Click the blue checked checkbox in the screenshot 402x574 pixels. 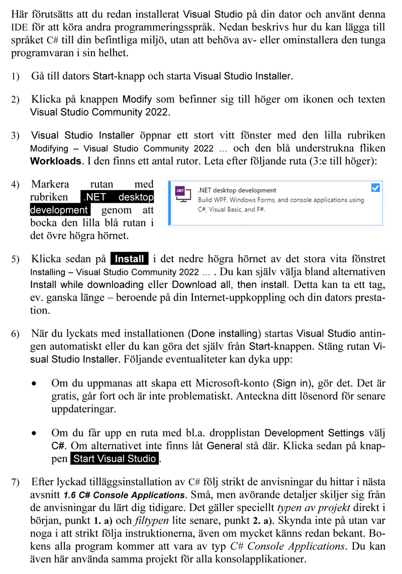point(375,188)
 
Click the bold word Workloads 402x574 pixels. point(56,162)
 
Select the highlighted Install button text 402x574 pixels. point(130,259)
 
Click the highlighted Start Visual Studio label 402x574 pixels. point(115,459)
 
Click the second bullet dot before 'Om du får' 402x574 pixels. point(34,433)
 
